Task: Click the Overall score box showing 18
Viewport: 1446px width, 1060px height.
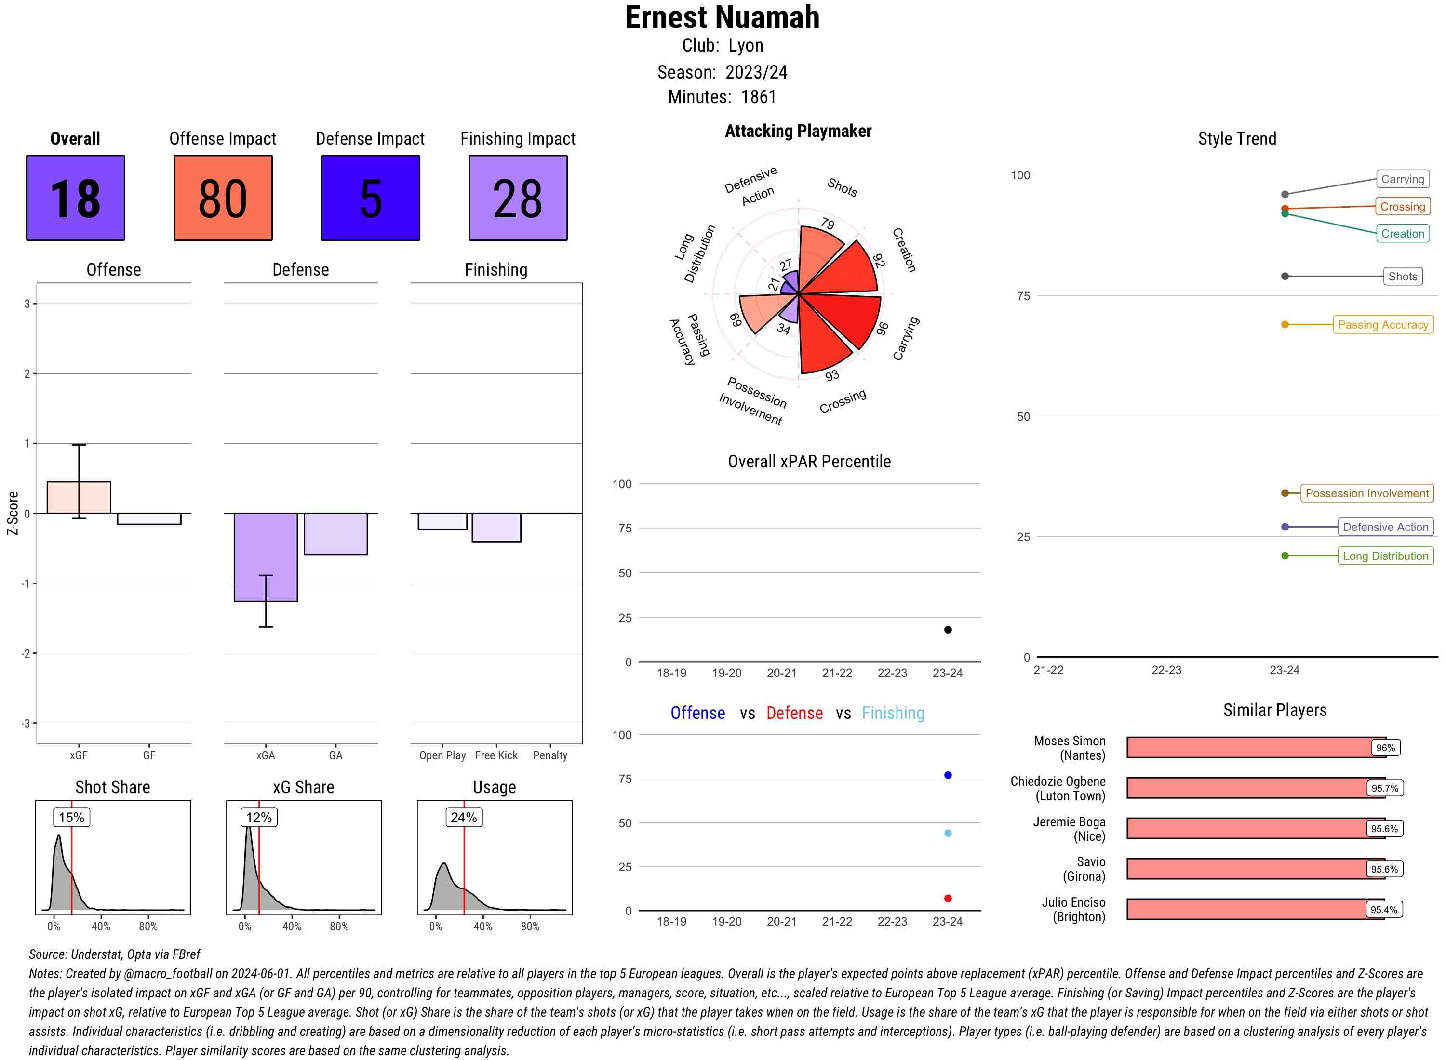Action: [x=75, y=198]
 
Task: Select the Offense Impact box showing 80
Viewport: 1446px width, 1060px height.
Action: [x=223, y=198]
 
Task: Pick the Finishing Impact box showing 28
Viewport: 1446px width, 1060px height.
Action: [x=518, y=198]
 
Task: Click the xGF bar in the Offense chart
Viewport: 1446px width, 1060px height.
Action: [x=79, y=497]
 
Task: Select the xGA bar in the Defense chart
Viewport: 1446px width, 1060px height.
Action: [x=266, y=557]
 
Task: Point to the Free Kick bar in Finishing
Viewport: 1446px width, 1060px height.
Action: [x=496, y=528]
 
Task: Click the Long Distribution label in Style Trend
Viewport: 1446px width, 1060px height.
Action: [x=1385, y=556]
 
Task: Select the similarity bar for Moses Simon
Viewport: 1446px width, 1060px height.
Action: [x=1252, y=747]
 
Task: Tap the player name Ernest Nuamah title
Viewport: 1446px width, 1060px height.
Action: [x=722, y=18]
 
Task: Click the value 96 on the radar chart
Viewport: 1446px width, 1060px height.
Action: [x=883, y=329]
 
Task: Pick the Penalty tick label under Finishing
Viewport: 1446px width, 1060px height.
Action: [x=550, y=755]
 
